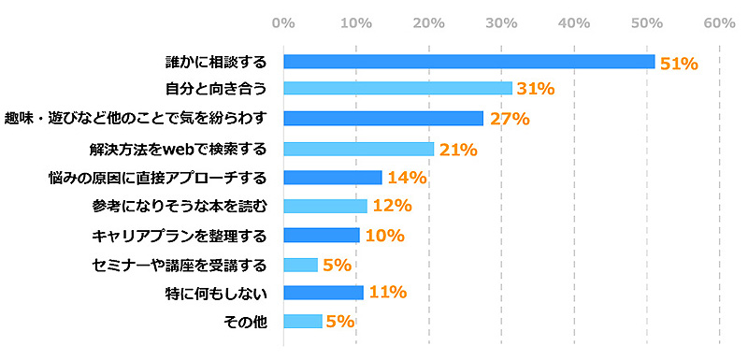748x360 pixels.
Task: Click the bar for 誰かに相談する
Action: tap(468, 62)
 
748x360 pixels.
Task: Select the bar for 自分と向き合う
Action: tap(397, 89)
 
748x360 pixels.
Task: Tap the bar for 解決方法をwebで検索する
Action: tap(358, 148)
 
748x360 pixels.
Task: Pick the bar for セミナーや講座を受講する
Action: tap(300, 264)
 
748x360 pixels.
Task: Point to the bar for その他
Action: tap(302, 321)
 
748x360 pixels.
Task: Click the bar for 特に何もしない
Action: tap(323, 293)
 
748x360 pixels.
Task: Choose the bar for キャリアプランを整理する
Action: tap(321, 235)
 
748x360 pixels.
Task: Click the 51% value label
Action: tap(679, 64)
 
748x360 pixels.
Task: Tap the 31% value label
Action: tap(535, 90)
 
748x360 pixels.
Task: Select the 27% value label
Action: tap(509, 119)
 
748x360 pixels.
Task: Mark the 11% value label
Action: tap(386, 293)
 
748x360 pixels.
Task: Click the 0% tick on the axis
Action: tap(282, 22)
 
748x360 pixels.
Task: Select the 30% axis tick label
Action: tap(500, 22)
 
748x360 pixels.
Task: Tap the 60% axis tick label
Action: tap(718, 22)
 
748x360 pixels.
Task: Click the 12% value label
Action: tap(391, 207)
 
